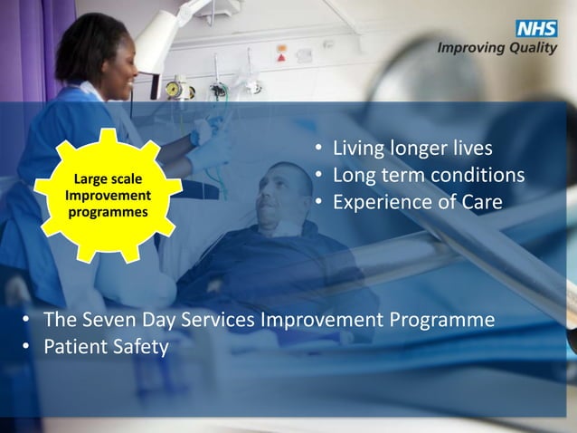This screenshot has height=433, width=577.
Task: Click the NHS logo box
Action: [x=536, y=29]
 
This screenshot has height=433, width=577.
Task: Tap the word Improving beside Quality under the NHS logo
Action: [x=472, y=48]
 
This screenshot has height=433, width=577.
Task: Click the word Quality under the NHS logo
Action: [x=534, y=48]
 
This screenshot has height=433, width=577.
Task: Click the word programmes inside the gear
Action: [x=107, y=213]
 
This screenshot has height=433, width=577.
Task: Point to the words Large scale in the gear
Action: [x=107, y=180]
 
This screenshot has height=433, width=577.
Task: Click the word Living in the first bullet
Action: [x=356, y=148]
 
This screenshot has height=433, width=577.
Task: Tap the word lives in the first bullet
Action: [x=470, y=148]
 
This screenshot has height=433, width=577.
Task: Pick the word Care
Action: [x=480, y=202]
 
